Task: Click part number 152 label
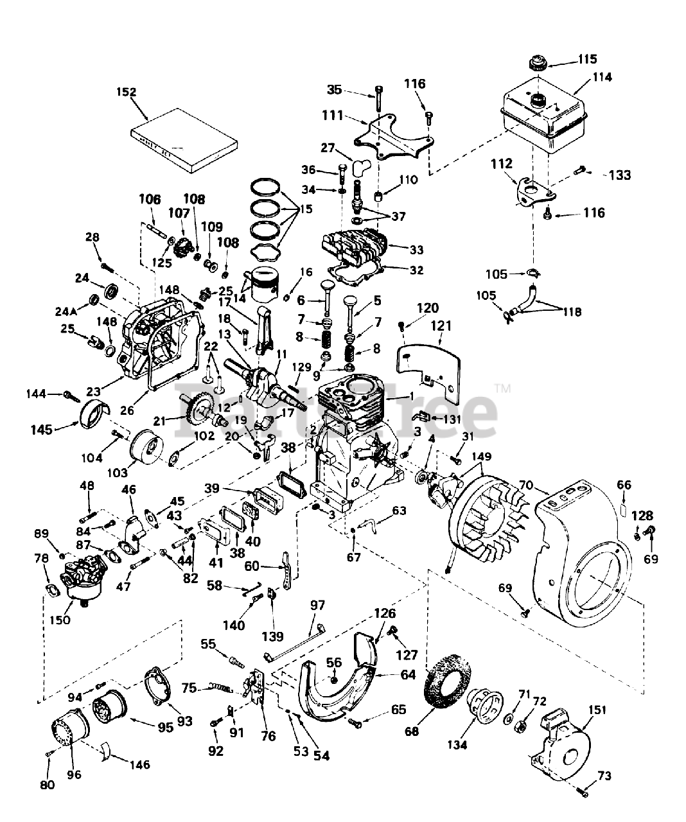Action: point(127,92)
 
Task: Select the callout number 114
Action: point(602,78)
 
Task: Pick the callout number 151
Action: point(597,710)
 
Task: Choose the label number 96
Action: point(74,774)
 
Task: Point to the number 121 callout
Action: point(441,326)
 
